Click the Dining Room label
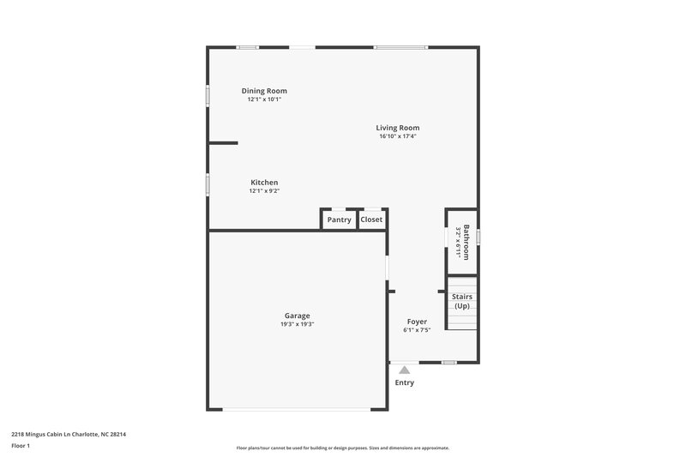[264, 91]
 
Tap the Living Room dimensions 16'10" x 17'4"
[398, 136]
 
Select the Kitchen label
[264, 182]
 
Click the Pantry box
[340, 220]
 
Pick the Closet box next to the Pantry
[371, 220]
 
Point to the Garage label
[298, 316]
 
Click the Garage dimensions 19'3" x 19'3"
[298, 324]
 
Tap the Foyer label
[417, 322]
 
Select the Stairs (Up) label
[462, 301]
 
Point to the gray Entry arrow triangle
[405, 370]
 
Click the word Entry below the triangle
[405, 382]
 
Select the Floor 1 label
[21, 446]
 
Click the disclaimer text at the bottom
[343, 448]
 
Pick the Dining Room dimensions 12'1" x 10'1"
[264, 99]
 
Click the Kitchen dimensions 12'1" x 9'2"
[264, 190]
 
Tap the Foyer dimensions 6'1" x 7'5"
[417, 330]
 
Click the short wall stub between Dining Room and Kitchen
[224, 143]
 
